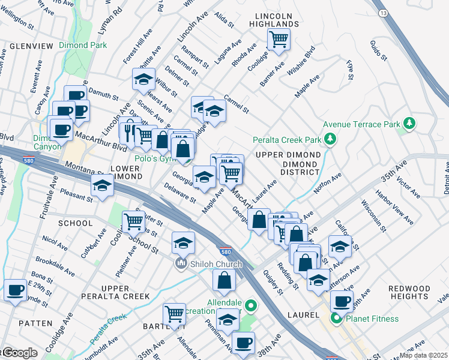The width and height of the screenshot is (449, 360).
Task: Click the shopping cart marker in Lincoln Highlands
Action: pos(279,40)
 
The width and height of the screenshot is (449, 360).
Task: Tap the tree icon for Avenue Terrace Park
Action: pos(410,124)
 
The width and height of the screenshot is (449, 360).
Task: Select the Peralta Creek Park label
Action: pos(287,140)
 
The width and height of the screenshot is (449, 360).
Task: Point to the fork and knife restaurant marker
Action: pos(130,130)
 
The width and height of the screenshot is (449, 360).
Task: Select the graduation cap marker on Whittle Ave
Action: pos(143,79)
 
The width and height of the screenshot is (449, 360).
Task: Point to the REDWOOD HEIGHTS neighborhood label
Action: pos(409,293)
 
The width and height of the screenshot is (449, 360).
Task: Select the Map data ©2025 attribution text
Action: pos(424,355)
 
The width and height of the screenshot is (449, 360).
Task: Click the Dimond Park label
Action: pos(83,45)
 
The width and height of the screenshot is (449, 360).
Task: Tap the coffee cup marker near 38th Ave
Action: pos(243,343)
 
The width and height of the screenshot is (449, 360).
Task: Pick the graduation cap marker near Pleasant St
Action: pos(103,187)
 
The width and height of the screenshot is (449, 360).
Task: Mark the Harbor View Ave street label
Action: pos(394,207)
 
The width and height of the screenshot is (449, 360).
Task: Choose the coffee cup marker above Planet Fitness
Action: pos(341,301)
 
